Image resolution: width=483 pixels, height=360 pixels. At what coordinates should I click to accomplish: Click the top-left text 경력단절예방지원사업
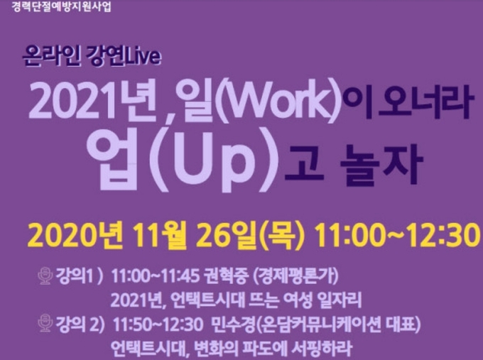[61, 6]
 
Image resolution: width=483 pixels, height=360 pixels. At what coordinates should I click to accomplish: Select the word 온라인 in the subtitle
[52, 56]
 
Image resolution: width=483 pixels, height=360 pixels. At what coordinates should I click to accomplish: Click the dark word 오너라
[425, 102]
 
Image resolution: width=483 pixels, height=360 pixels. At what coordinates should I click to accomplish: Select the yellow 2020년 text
[74, 236]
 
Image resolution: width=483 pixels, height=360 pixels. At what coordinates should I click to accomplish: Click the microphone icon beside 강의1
[45, 276]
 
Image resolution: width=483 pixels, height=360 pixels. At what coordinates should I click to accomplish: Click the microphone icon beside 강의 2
[45, 322]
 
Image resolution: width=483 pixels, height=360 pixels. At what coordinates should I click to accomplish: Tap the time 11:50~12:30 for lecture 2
[158, 324]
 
